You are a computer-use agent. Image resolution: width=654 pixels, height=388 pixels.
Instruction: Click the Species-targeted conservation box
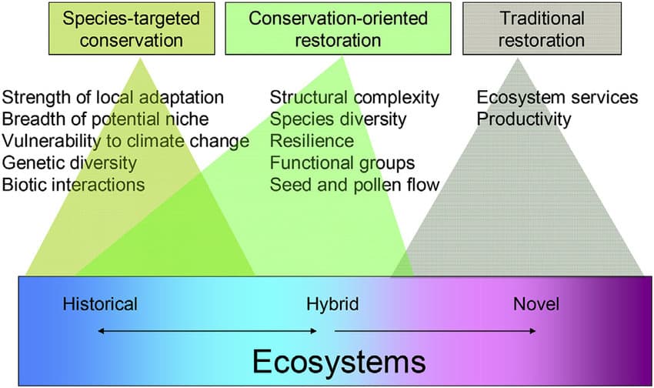click(132, 28)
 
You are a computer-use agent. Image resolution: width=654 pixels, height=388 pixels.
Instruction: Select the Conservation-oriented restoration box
click(338, 28)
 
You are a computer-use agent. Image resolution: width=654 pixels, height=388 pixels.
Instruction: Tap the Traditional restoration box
click(542, 28)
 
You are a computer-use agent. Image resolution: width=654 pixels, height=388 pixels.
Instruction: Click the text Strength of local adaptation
click(113, 98)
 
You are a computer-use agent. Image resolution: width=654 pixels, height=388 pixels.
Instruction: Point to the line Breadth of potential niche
click(105, 119)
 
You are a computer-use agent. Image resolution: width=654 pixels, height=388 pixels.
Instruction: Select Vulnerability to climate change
click(125, 141)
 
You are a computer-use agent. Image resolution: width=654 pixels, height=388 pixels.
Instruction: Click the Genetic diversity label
click(69, 162)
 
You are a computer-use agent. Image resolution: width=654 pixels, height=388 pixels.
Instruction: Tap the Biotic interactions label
click(73, 185)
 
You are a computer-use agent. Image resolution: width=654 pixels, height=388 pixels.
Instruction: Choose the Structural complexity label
click(355, 98)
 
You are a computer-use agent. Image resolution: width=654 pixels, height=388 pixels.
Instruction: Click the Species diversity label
click(338, 119)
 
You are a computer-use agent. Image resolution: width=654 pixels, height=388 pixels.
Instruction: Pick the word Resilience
click(312, 141)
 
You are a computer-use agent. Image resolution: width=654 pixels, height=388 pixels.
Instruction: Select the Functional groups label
click(342, 162)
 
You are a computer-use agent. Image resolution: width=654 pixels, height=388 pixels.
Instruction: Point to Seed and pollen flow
click(355, 185)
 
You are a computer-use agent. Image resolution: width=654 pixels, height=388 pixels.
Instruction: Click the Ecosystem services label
click(557, 98)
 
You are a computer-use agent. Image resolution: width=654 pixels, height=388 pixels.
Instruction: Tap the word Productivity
click(524, 119)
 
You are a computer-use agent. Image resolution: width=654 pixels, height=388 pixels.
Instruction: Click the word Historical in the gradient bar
click(100, 304)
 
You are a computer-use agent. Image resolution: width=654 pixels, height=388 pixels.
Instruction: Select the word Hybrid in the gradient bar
click(332, 304)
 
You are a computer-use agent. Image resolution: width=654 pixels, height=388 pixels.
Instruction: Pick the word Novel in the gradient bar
click(536, 304)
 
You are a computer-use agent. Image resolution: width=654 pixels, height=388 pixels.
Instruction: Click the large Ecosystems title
click(339, 361)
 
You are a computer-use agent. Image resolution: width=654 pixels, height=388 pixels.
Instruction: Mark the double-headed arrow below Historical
click(207, 331)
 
